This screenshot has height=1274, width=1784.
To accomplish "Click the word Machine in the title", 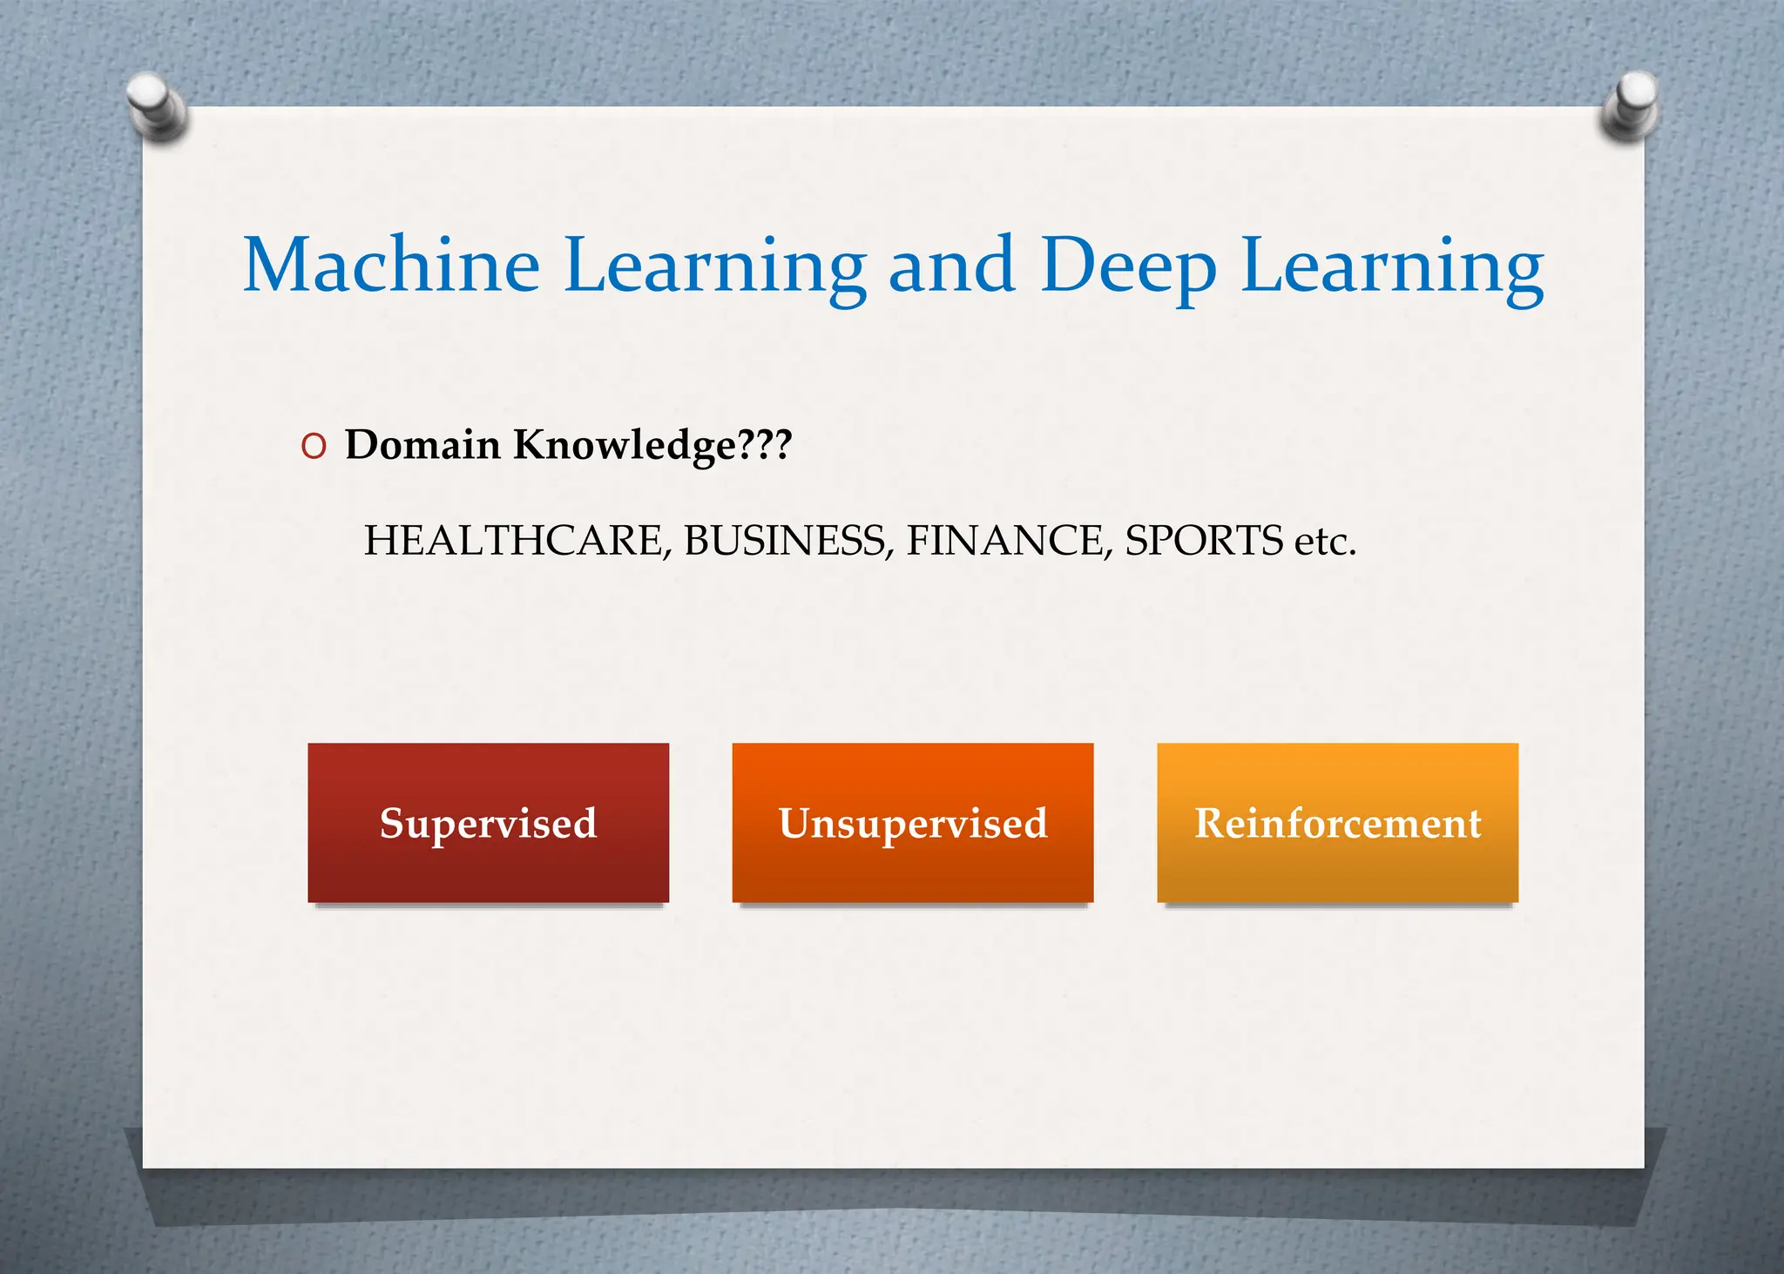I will coord(391,265).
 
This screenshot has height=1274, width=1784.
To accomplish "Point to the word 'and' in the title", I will coord(951,265).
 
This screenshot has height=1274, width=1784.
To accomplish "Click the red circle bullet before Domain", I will coord(314,447).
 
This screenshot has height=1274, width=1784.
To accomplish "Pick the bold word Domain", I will coord(422,445).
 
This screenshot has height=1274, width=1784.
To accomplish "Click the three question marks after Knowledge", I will coord(765,445).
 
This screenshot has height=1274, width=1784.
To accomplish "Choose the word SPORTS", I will coord(1204,541).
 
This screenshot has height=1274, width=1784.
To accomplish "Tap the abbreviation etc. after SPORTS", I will coord(1325,543).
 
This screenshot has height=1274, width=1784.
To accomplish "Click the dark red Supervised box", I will coord(488,823).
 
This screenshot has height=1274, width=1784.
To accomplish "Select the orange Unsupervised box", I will coord(912,823).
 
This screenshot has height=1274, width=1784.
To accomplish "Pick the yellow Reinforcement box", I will coord(1337,823).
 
